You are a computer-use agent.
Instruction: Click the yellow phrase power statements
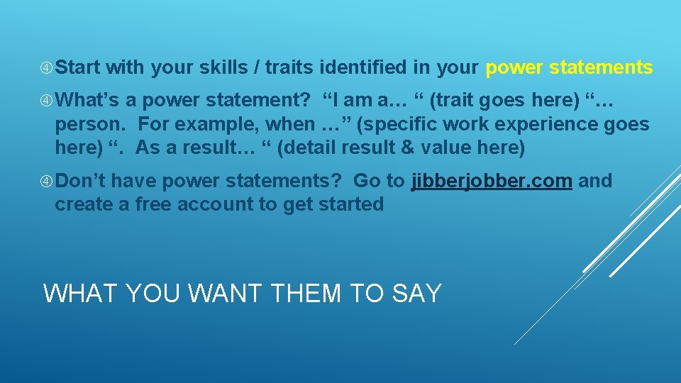click(x=569, y=67)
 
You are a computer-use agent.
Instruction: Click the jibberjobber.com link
click(x=492, y=181)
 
